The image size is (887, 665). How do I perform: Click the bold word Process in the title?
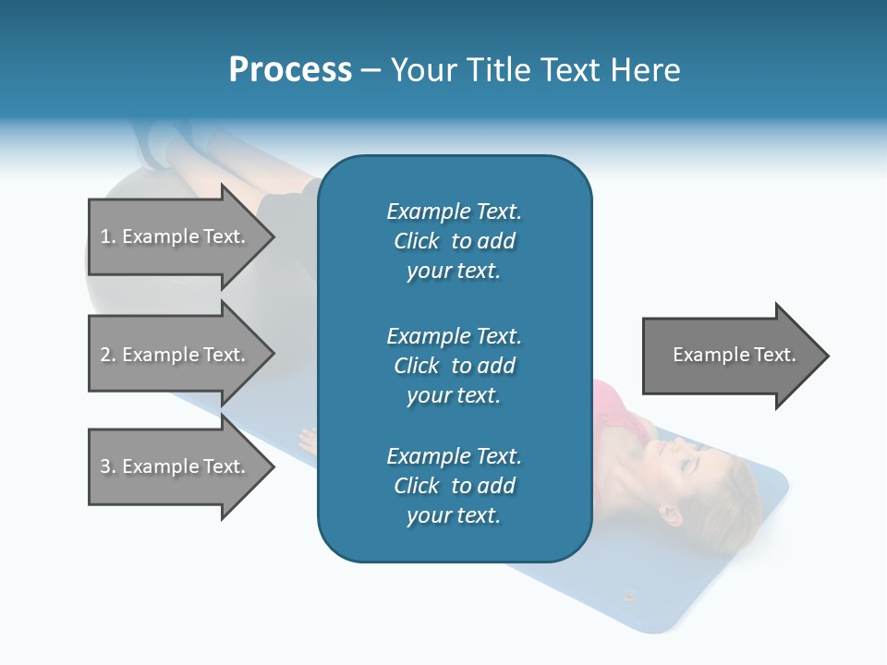(290, 70)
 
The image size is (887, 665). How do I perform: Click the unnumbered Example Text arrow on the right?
(735, 355)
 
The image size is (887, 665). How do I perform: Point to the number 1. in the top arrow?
(108, 236)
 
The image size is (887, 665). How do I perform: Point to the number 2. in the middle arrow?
(108, 355)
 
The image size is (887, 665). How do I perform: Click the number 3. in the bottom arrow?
(108, 466)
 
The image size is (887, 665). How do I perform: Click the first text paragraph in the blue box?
(454, 241)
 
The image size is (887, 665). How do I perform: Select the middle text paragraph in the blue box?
(454, 366)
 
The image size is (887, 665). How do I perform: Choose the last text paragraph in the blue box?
(454, 486)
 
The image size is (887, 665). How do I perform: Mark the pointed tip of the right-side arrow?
(827, 356)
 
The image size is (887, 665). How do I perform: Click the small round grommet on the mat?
(629, 596)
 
